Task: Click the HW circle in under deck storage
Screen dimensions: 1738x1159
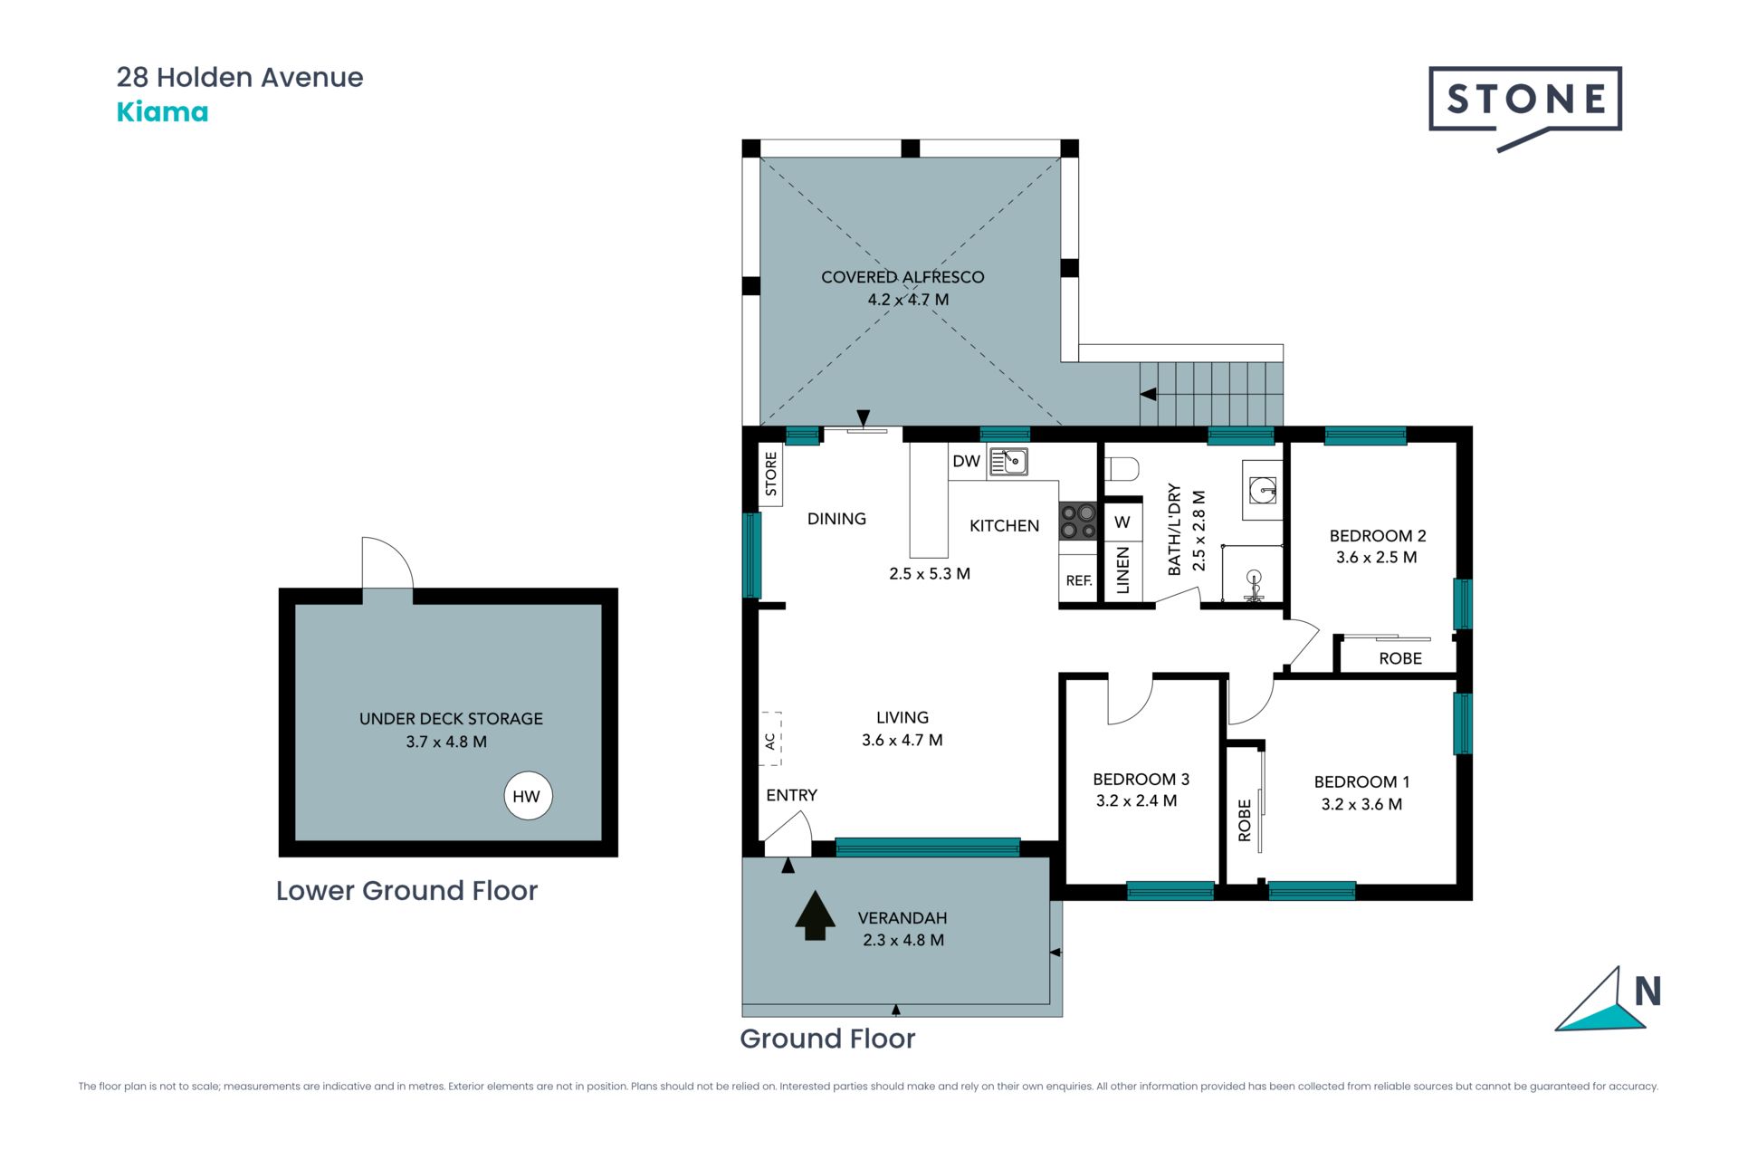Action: click(x=527, y=796)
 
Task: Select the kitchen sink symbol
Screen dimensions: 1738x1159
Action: click(x=1007, y=462)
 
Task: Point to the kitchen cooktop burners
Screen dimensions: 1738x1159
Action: click(x=1077, y=521)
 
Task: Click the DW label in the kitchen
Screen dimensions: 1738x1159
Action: click(x=966, y=461)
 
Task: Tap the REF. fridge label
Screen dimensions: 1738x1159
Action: click(x=1078, y=580)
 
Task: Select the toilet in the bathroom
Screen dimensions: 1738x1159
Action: click(x=1122, y=469)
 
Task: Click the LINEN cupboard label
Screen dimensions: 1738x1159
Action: click(x=1122, y=570)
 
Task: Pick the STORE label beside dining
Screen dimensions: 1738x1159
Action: click(x=771, y=474)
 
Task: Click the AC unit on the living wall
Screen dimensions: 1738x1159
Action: click(x=770, y=740)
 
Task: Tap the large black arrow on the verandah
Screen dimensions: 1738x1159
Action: click(x=815, y=915)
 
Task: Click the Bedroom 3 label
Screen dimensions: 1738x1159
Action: click(x=1141, y=779)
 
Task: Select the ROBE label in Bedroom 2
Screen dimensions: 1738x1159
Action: click(x=1400, y=658)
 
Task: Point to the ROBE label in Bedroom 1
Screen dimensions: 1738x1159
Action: click(x=1245, y=820)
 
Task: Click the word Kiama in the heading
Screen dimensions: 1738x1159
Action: click(x=162, y=112)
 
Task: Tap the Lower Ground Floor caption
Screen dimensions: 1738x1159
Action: click(x=406, y=891)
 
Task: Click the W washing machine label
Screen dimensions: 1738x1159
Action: click(x=1122, y=522)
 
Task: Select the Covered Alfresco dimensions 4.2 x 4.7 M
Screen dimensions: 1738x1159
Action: click(x=908, y=300)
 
